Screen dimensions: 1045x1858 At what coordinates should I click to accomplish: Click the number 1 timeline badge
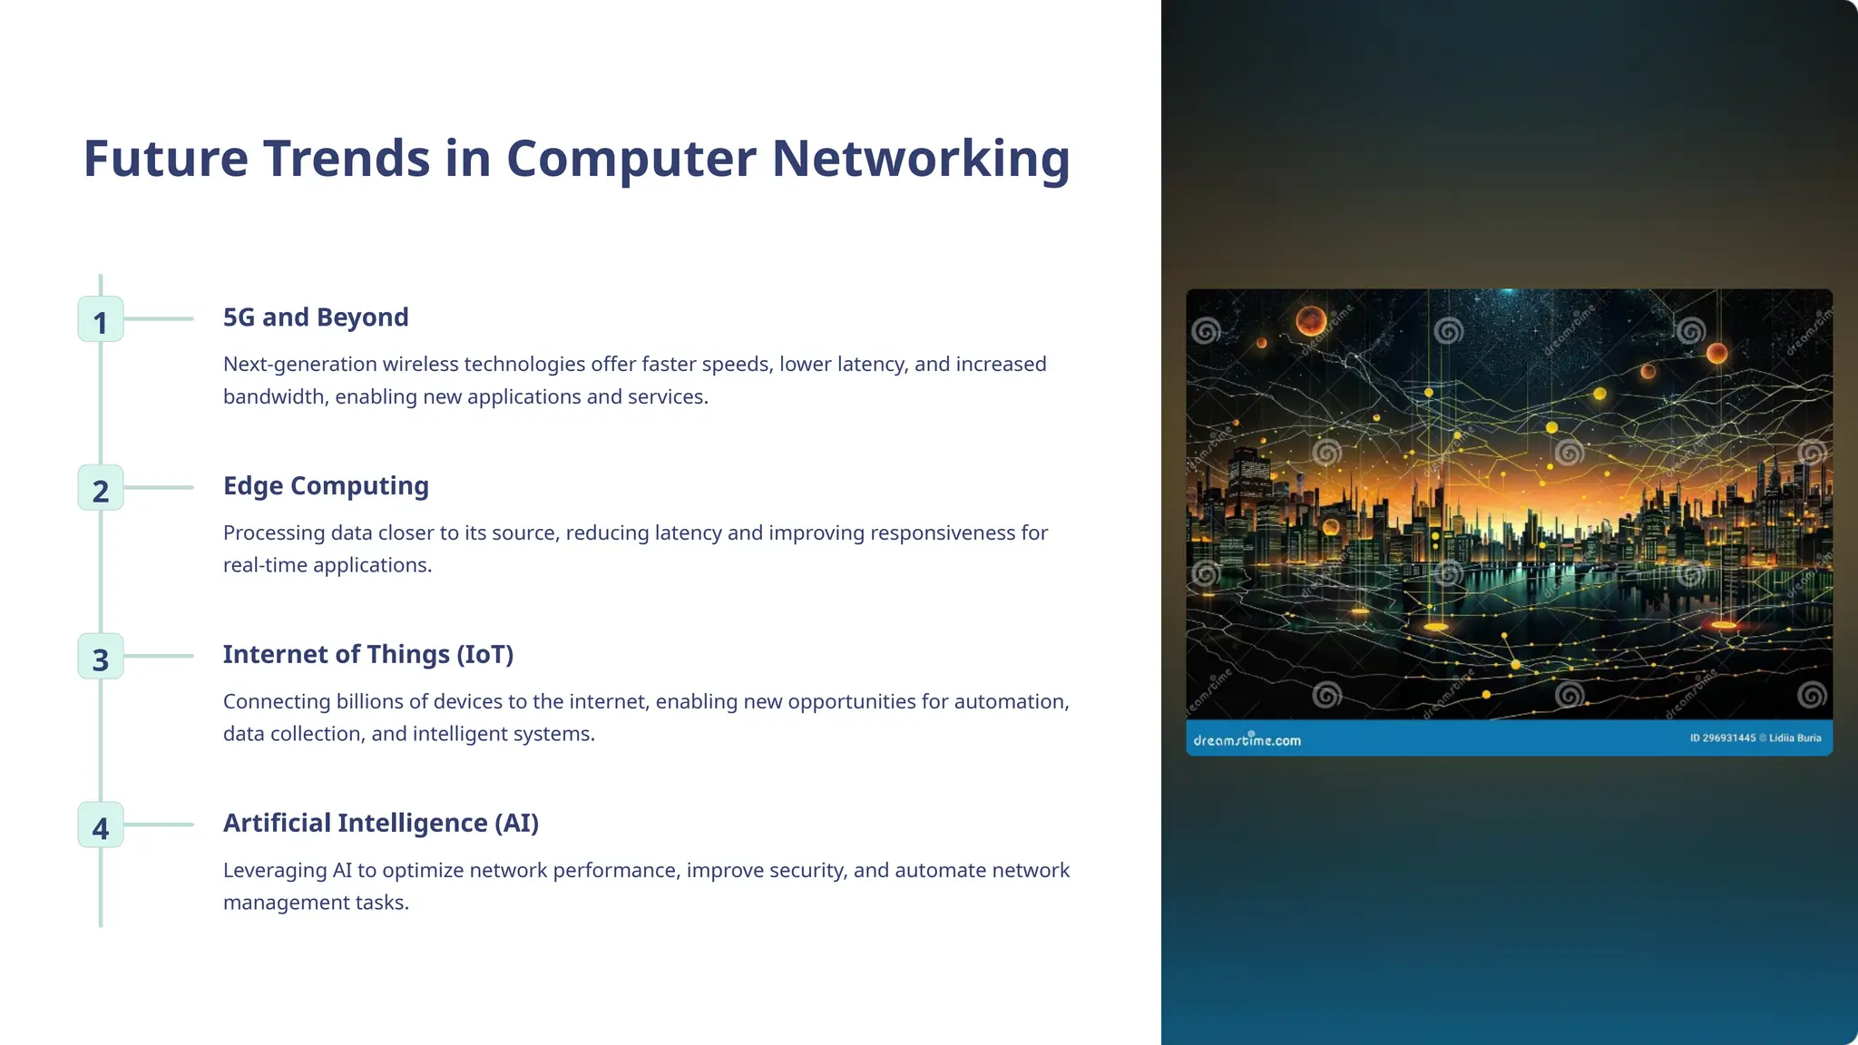pos(101,319)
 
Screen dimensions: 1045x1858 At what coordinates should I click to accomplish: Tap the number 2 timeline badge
pos(101,488)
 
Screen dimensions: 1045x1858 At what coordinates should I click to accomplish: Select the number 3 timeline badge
pos(101,657)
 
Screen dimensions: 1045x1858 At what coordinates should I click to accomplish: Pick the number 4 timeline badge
pos(101,825)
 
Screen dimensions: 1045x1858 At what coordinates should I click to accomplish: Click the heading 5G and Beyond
pos(316,317)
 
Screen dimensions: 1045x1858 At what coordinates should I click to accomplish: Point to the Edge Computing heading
pos(326,486)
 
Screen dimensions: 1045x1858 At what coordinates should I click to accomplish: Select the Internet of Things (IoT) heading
pos(368,655)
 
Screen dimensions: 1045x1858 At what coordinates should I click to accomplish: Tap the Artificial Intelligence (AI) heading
pos(381,824)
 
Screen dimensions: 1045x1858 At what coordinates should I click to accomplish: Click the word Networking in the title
pos(921,159)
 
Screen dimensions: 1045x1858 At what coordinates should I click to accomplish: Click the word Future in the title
pos(165,159)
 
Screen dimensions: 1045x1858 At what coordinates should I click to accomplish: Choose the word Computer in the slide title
pos(631,159)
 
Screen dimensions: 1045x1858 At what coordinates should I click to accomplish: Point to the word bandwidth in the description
pos(275,397)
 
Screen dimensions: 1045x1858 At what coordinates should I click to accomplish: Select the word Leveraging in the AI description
pos(275,871)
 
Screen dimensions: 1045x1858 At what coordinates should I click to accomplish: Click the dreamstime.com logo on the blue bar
pos(1247,740)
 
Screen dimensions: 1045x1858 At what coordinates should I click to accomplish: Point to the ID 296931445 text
pos(1722,738)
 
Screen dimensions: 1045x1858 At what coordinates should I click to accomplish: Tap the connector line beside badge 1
pos(159,319)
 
